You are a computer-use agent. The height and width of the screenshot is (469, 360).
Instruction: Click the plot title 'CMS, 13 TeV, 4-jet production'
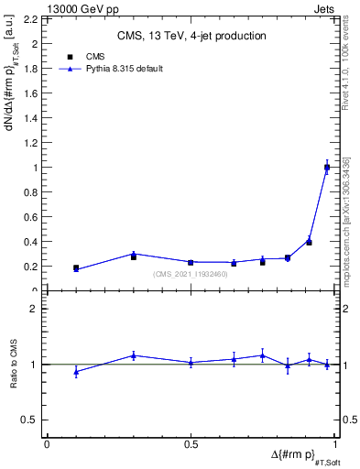(x=191, y=36)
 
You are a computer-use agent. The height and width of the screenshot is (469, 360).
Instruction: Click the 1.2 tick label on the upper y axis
(x=31, y=143)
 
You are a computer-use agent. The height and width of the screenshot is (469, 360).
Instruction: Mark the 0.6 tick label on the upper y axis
(x=31, y=217)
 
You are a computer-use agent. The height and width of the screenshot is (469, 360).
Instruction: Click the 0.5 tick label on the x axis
(x=191, y=444)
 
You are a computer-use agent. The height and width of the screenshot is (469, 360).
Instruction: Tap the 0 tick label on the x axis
(x=47, y=444)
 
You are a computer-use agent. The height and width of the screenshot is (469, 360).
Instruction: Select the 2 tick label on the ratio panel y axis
(x=34, y=309)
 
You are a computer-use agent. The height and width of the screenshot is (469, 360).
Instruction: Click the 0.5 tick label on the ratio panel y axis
(x=31, y=420)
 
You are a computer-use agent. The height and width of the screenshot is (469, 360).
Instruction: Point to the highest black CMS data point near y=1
(x=327, y=168)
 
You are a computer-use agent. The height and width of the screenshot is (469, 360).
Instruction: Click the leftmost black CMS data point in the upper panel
(x=76, y=268)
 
